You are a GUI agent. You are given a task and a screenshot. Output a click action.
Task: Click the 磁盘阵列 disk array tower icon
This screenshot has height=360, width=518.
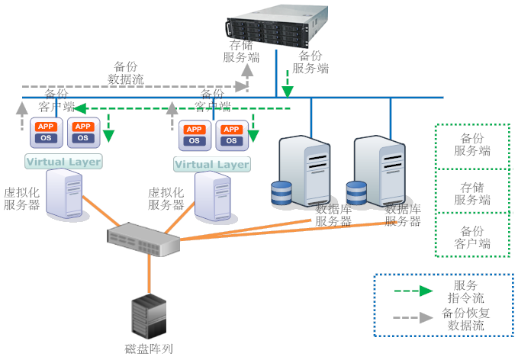click(x=149, y=317)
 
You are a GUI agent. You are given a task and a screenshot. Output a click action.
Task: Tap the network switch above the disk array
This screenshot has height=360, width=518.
click(x=143, y=239)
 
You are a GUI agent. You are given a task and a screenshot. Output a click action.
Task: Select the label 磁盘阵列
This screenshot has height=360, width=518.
click(x=149, y=349)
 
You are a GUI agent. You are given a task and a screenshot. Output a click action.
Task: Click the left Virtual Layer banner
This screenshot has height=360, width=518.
click(x=63, y=162)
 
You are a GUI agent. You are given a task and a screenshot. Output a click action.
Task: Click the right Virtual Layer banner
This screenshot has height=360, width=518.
click(x=211, y=164)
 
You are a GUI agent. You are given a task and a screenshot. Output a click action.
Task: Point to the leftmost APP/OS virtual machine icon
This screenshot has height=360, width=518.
click(x=46, y=132)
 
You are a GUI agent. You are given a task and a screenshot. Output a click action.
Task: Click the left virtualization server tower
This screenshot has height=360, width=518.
click(x=64, y=194)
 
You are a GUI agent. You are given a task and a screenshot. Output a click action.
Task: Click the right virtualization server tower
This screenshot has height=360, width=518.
click(x=213, y=197)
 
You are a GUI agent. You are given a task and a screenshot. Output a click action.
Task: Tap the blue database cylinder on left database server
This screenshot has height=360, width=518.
click(x=282, y=193)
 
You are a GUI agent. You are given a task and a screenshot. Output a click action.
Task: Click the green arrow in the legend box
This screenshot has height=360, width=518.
click(x=412, y=291)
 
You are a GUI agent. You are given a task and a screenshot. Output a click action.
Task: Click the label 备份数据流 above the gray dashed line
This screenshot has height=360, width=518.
click(x=126, y=72)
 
